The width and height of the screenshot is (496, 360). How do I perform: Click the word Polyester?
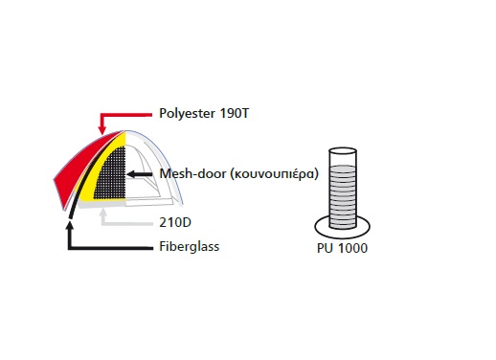click(x=187, y=114)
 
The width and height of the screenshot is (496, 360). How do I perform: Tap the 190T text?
click(x=235, y=113)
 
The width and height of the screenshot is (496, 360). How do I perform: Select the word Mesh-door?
click(x=192, y=173)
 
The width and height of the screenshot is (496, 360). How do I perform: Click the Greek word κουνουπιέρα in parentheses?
click(x=274, y=174)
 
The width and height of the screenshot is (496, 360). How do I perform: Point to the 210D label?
click(x=175, y=222)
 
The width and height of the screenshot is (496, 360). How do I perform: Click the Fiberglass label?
click(x=190, y=247)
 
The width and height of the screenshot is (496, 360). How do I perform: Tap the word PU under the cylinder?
click(x=325, y=248)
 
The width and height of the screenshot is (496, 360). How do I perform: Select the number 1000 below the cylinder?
click(x=352, y=248)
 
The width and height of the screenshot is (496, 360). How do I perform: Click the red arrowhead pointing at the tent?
click(x=101, y=130)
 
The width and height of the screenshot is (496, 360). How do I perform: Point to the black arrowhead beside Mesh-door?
click(x=131, y=174)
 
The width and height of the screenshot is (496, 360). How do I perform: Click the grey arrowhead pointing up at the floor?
click(x=102, y=213)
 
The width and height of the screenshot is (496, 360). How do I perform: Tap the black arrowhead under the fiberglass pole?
click(x=70, y=225)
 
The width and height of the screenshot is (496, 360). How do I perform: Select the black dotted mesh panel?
click(x=111, y=174)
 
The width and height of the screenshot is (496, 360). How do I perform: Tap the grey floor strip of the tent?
click(x=102, y=203)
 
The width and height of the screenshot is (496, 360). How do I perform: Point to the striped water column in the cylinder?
click(x=343, y=196)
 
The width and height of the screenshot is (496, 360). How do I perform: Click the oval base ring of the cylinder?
click(x=343, y=236)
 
